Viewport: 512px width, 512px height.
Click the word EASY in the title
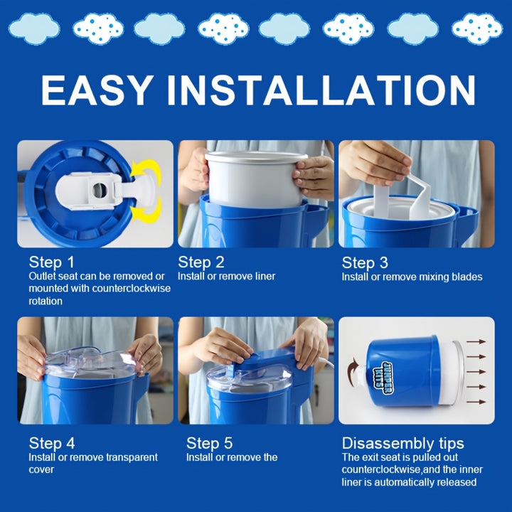(97, 90)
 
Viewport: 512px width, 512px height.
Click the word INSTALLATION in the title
(321, 90)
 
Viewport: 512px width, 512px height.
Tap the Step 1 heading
(52, 262)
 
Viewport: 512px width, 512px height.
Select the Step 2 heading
(201, 262)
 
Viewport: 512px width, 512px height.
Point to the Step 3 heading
(365, 262)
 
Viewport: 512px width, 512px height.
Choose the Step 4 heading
(52, 443)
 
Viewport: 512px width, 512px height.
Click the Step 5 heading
(209, 443)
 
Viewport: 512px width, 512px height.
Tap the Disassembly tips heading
(402, 444)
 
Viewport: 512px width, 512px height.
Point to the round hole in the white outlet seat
(100, 191)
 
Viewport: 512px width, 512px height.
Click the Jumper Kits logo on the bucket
(383, 377)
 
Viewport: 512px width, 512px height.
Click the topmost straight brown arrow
(476, 341)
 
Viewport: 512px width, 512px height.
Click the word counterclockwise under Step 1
(132, 289)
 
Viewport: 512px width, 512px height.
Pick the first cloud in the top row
(34, 28)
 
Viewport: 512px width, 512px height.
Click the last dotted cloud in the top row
(477, 28)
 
